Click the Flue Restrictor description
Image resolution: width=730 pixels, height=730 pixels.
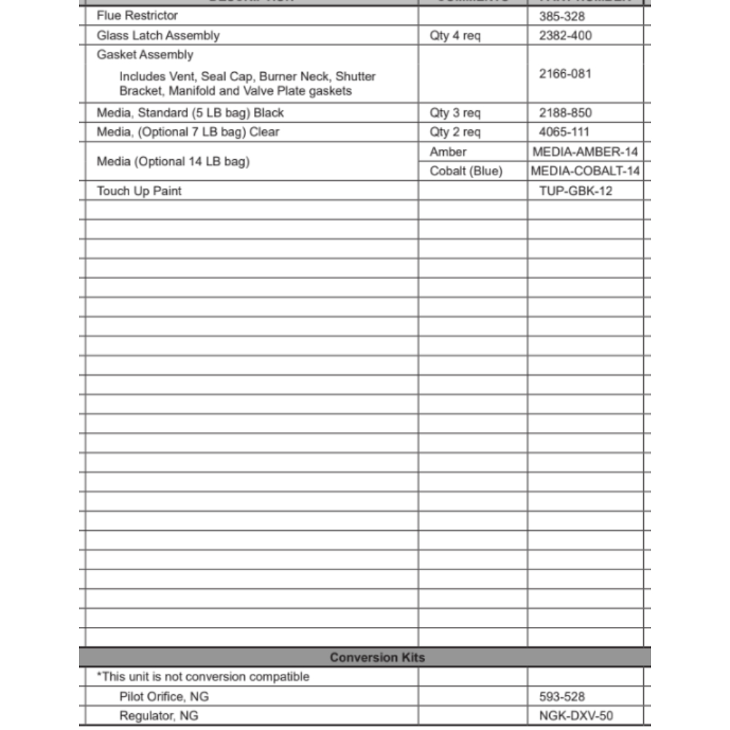click(x=137, y=15)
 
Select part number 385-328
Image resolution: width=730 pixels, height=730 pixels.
click(x=561, y=16)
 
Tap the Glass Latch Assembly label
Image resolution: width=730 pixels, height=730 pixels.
click(x=158, y=35)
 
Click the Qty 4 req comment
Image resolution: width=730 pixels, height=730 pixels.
click(x=455, y=36)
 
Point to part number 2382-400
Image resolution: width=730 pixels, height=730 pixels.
click(x=565, y=36)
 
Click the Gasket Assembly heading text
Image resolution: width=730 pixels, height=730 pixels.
click(x=145, y=55)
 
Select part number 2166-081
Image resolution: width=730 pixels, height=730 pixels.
click(x=565, y=74)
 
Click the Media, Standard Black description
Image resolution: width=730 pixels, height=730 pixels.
click(x=190, y=113)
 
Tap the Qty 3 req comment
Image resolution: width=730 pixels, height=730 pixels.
click(x=455, y=113)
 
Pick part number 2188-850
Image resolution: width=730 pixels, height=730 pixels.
click(x=565, y=113)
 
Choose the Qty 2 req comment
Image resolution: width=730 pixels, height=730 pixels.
click(x=455, y=132)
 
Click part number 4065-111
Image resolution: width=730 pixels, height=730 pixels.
click(x=564, y=132)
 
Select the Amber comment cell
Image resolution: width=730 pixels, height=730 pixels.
click(x=447, y=152)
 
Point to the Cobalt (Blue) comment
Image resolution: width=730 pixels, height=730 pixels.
click(x=466, y=172)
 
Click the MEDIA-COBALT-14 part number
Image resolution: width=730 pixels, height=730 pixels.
click(x=585, y=172)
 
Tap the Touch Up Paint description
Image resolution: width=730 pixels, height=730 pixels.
click(x=139, y=191)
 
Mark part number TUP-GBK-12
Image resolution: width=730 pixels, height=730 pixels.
click(x=575, y=191)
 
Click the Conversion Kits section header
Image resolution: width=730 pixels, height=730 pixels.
click(x=377, y=657)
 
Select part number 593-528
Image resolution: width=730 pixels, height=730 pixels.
click(x=561, y=697)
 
